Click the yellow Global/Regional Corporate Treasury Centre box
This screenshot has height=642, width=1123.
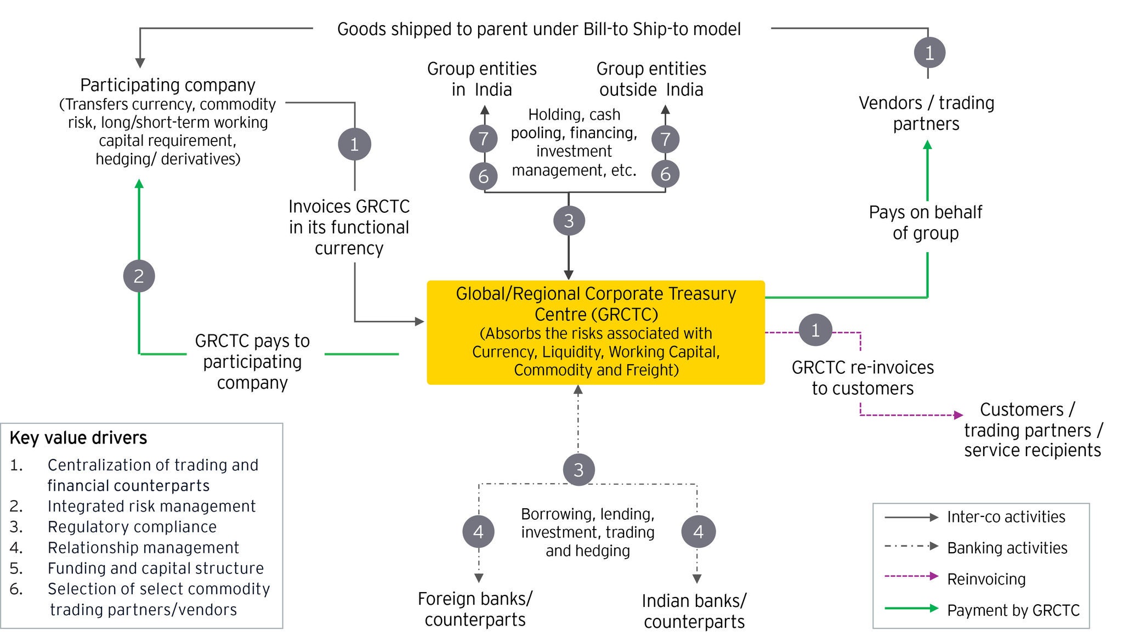(595, 332)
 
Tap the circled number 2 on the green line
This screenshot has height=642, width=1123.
(139, 276)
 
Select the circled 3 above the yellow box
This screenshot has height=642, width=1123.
(569, 221)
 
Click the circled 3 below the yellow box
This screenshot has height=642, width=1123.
(578, 470)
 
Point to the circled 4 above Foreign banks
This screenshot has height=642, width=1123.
(478, 531)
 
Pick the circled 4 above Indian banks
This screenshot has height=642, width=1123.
(698, 531)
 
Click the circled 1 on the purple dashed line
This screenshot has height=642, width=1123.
(815, 330)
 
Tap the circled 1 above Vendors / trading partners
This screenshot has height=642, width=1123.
(929, 53)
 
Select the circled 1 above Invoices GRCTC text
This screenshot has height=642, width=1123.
(354, 144)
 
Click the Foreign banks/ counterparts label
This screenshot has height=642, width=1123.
(475, 609)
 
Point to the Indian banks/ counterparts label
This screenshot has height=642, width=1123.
(694, 611)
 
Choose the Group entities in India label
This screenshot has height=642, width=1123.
(482, 79)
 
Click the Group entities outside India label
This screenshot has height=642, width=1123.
(651, 79)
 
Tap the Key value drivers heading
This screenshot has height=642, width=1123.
(78, 438)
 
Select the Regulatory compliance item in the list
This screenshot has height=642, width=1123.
(132, 527)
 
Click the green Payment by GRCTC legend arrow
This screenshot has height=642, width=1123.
(911, 608)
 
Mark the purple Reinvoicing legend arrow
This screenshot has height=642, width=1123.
(911, 576)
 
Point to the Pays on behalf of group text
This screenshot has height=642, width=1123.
(926, 223)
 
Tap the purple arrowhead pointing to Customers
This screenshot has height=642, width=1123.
(958, 415)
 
